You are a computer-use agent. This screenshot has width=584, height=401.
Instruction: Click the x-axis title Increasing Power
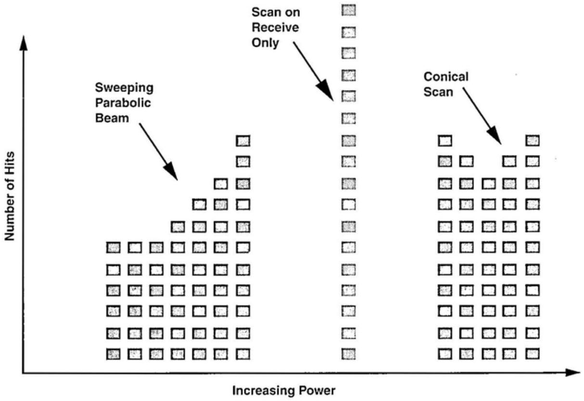pyautogui.click(x=284, y=390)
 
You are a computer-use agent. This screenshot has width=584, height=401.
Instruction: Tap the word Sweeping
pyautogui.click(x=124, y=88)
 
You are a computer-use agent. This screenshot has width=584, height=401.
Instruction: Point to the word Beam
pyautogui.click(x=112, y=117)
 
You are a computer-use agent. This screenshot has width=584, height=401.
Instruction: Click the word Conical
pyautogui.click(x=446, y=77)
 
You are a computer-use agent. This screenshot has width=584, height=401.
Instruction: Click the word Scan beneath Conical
pyautogui.click(x=438, y=91)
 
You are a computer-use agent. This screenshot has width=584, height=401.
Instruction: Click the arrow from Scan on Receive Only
pyautogui.click(x=314, y=71)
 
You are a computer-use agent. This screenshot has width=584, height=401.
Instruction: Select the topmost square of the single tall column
pyautogui.click(x=348, y=10)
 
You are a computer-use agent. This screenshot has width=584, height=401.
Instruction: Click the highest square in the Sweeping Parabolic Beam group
pyautogui.click(x=243, y=141)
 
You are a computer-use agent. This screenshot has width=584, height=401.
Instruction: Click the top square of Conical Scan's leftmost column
pyautogui.click(x=445, y=141)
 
